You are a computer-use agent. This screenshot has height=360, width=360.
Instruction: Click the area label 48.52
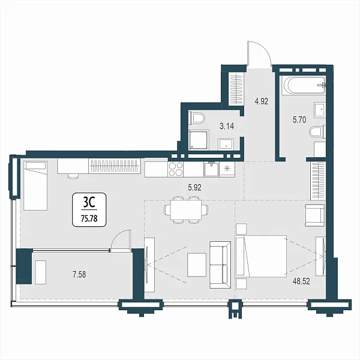(301, 281)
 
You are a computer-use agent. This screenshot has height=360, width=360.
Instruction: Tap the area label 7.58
(79, 274)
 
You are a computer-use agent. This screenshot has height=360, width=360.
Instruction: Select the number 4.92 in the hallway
(261, 101)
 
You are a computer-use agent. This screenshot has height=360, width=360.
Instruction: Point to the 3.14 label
(227, 126)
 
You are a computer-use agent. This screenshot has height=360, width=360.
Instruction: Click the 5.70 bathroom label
(299, 119)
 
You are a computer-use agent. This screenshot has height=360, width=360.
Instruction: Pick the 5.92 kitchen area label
(194, 188)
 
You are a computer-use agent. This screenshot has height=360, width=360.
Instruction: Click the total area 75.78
(89, 218)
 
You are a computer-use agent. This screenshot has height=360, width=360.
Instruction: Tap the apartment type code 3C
(89, 203)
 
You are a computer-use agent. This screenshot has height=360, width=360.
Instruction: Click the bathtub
(304, 86)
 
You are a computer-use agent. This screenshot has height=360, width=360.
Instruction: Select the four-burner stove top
(175, 169)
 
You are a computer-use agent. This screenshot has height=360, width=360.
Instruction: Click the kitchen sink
(211, 169)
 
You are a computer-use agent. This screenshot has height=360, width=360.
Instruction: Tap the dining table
(186, 209)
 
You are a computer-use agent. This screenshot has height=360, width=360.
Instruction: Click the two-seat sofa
(220, 265)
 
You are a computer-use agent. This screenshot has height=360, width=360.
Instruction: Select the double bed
(261, 256)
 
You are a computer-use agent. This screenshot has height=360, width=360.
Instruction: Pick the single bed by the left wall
(35, 185)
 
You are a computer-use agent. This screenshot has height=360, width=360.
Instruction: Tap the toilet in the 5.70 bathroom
(317, 132)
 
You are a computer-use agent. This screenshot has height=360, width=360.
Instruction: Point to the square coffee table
(197, 265)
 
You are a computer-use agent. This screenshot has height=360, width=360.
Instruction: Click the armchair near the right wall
(315, 215)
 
